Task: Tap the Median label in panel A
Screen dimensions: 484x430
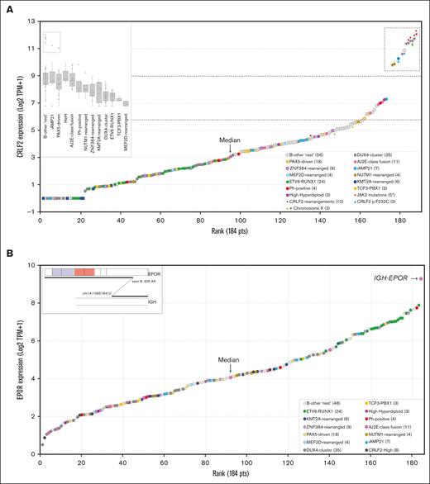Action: (x=231, y=140)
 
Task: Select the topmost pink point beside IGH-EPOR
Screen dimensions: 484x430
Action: (x=420, y=279)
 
